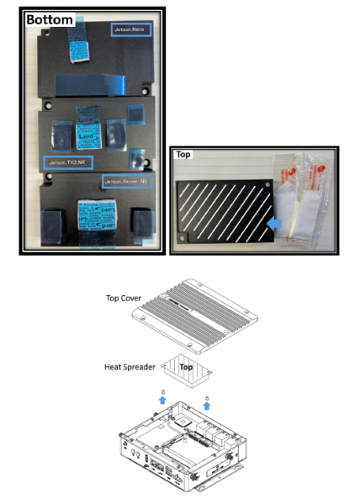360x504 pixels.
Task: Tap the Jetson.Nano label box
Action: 131,29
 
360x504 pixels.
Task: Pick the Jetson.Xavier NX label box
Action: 126,181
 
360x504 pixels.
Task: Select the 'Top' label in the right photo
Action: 183,155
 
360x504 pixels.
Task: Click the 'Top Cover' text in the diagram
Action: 124,297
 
